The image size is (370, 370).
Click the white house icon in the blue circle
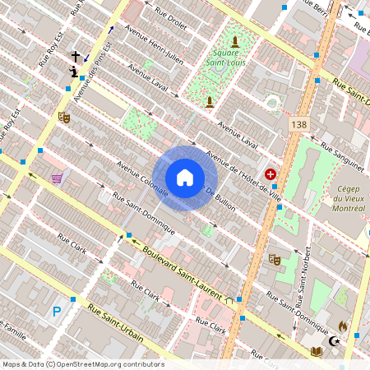185,178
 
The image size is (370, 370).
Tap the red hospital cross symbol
271,175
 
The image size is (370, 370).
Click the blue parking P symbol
57,311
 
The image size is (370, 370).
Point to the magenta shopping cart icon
57,178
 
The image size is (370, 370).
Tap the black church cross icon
76,57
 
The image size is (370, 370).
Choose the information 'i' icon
75,72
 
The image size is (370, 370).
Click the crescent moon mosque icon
334,340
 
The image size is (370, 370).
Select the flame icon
343,326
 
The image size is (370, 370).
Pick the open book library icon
316,351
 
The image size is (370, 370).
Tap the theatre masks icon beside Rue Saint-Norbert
275,259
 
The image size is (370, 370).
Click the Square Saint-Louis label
220,58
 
